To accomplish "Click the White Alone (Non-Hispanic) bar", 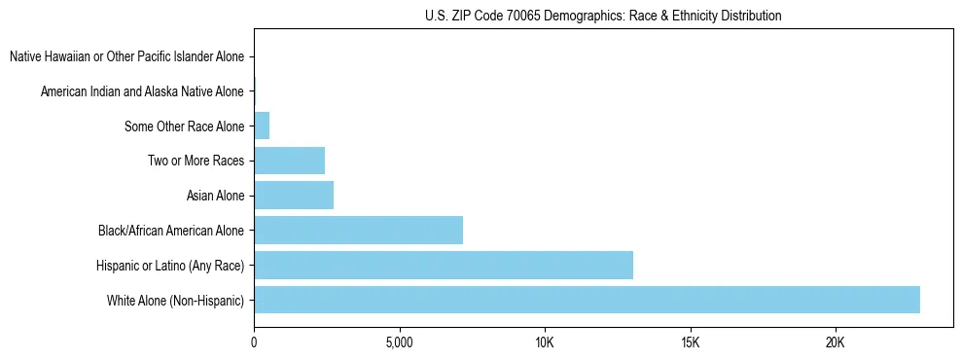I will (587, 300).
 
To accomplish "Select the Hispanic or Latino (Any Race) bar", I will (444, 265).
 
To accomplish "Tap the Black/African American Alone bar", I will (358, 231).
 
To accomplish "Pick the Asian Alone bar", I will (294, 196).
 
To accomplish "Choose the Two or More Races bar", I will (289, 161).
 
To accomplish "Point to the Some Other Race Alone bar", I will (262, 126).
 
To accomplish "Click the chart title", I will (603, 16).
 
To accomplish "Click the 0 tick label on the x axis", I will (254, 343).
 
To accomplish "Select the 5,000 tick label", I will (399, 343).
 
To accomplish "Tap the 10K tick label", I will (545, 343).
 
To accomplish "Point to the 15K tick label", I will (690, 343).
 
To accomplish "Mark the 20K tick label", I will (836, 343).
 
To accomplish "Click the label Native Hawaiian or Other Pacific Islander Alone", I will (126, 57).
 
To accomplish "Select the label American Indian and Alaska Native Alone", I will (142, 92).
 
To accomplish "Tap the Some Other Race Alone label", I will (184, 126).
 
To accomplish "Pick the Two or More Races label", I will (196, 162).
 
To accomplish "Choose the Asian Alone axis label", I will (215, 197).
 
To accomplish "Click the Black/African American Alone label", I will (170, 231).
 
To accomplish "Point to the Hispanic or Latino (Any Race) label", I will (170, 266).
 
